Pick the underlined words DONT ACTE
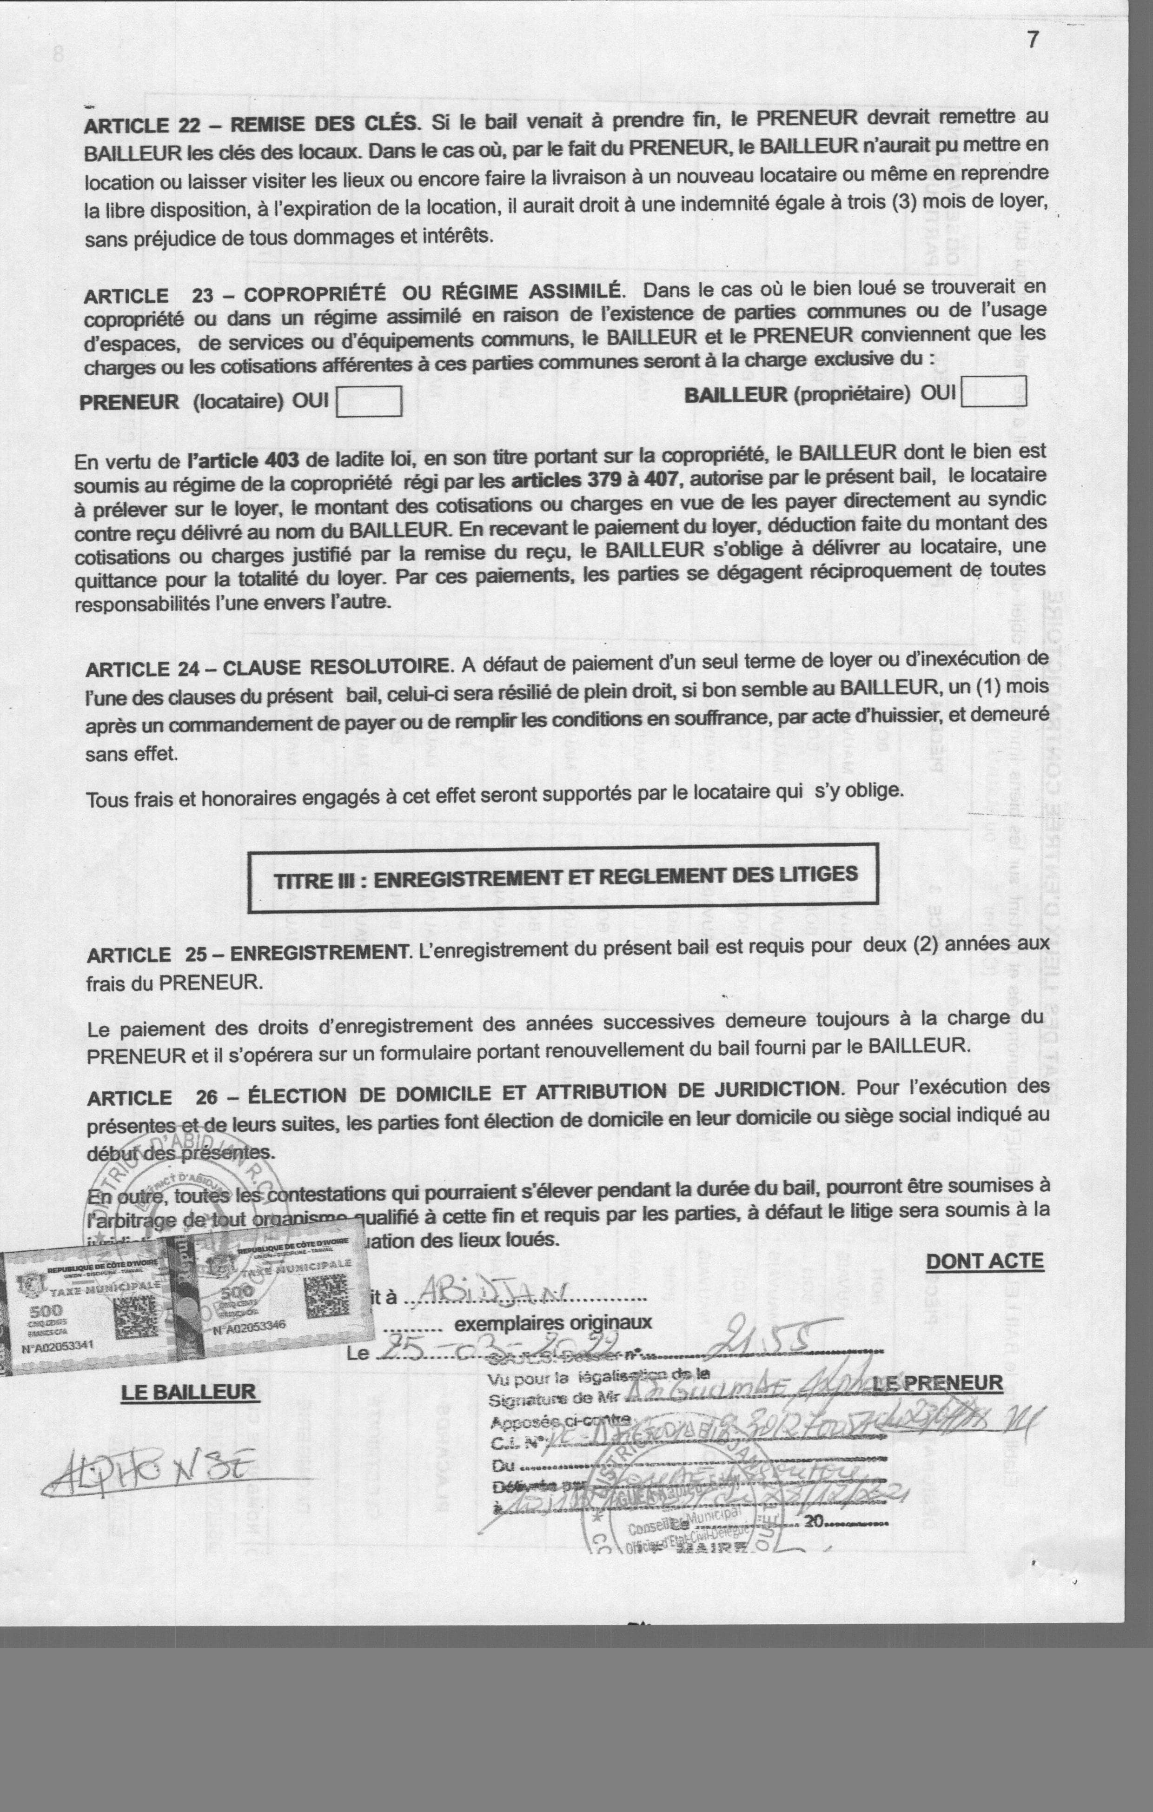click(x=984, y=1261)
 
